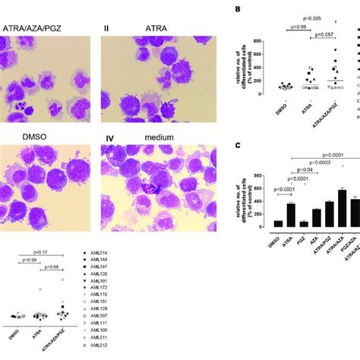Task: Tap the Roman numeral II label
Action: [x=107, y=27]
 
